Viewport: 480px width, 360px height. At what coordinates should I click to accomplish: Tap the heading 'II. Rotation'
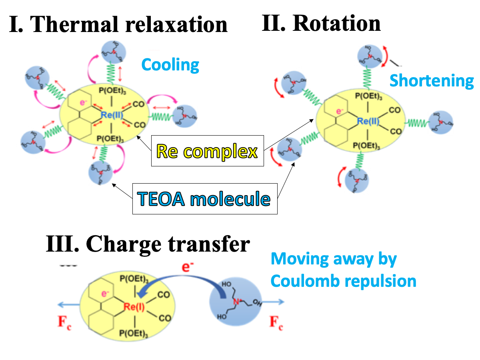click(321, 23)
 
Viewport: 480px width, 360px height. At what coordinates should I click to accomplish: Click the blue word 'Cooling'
click(170, 64)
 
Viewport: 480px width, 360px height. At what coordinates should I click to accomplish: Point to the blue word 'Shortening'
click(431, 80)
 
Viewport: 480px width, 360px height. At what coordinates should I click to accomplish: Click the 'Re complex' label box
click(207, 152)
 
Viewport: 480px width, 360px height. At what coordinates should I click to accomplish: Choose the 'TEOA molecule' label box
click(204, 198)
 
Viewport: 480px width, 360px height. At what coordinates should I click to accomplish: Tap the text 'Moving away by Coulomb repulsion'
click(343, 270)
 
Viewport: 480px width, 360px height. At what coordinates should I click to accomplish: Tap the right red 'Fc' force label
click(276, 322)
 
